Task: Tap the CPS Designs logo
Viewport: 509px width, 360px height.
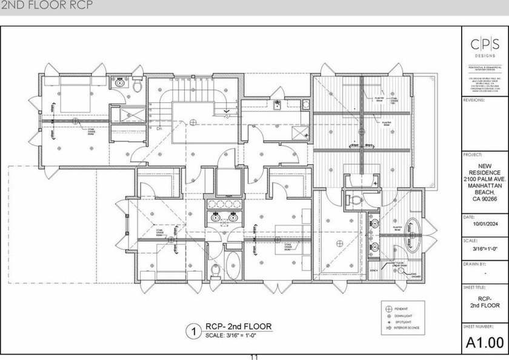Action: [x=485, y=46]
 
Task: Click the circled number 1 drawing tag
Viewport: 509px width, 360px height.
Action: [x=193, y=332]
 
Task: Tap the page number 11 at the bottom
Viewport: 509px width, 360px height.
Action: [x=254, y=357]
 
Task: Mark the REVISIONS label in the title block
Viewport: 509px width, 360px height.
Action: [x=474, y=100]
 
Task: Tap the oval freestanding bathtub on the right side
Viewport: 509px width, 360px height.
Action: [x=414, y=233]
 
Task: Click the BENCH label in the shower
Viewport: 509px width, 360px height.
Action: [x=374, y=270]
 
